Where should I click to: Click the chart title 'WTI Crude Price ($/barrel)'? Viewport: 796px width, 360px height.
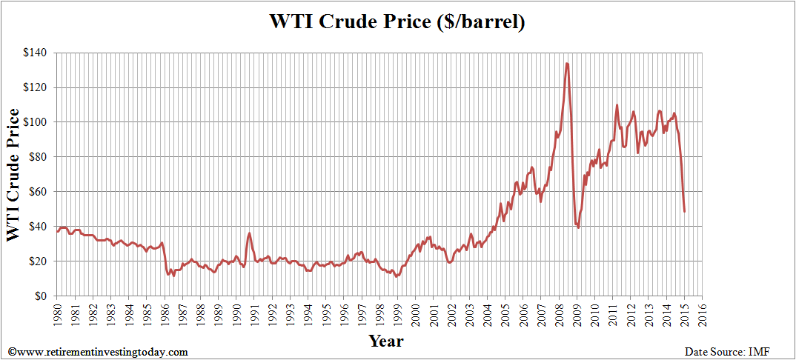point(397,21)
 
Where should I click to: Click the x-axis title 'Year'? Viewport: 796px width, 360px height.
point(386,341)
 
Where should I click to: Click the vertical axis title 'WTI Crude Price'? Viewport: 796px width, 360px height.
point(13,175)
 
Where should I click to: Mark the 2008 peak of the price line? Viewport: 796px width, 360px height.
point(567,64)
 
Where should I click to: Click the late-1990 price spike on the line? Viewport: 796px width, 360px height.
point(249,233)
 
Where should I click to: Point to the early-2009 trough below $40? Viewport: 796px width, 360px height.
point(578,227)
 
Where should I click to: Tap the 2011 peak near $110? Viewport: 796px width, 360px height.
point(617,105)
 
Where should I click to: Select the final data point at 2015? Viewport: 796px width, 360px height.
point(684,211)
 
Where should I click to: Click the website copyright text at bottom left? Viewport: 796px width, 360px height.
point(98,351)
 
